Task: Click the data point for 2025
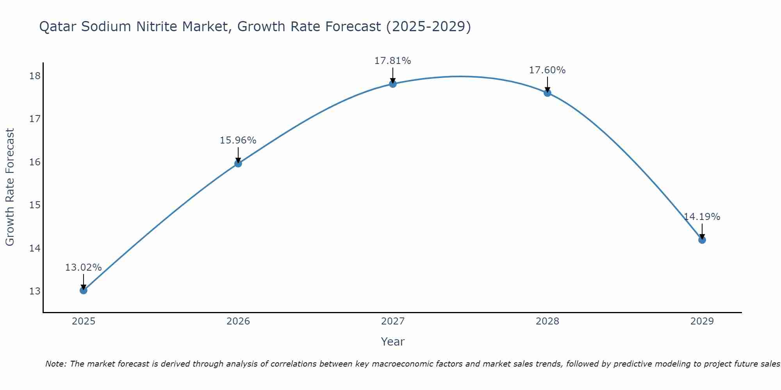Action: [84, 290]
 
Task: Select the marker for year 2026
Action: [238, 163]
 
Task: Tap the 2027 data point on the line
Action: [393, 84]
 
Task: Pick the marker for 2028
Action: [547, 93]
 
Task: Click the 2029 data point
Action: [702, 240]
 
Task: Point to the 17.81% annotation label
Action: [392, 61]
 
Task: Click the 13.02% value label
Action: [83, 268]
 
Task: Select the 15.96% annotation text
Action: [238, 140]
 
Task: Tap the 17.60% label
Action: [547, 70]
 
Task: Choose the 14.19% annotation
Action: [702, 217]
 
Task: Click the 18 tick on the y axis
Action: [35, 76]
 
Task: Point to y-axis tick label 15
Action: [35, 205]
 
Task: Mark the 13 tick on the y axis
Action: [35, 291]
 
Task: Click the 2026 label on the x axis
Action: [238, 321]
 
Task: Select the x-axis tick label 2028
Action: [547, 321]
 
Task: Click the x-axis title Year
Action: [392, 342]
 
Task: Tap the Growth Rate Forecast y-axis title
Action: [10, 187]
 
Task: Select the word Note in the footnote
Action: [56, 364]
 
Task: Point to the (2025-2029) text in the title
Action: [428, 27]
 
